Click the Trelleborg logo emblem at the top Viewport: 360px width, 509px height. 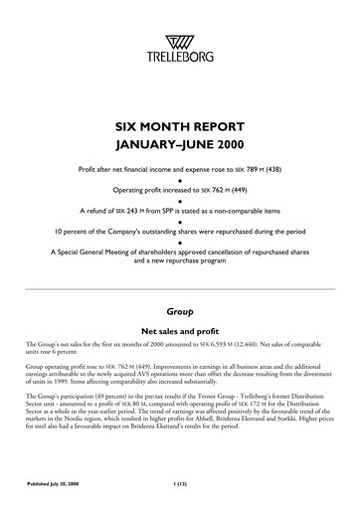click(179, 41)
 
